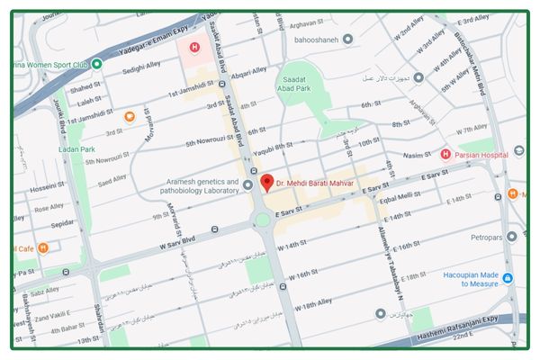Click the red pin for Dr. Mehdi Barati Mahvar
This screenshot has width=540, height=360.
pyautogui.click(x=266, y=183)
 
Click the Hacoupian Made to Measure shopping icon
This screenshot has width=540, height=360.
pyautogui.click(x=507, y=279)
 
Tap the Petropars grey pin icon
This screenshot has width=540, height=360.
pyautogui.click(x=512, y=236)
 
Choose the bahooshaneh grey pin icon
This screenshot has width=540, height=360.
pyautogui.click(x=347, y=38)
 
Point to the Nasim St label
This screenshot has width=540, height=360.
pyautogui.click(x=418, y=155)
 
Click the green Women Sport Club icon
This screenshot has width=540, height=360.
pyautogui.click(x=96, y=64)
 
